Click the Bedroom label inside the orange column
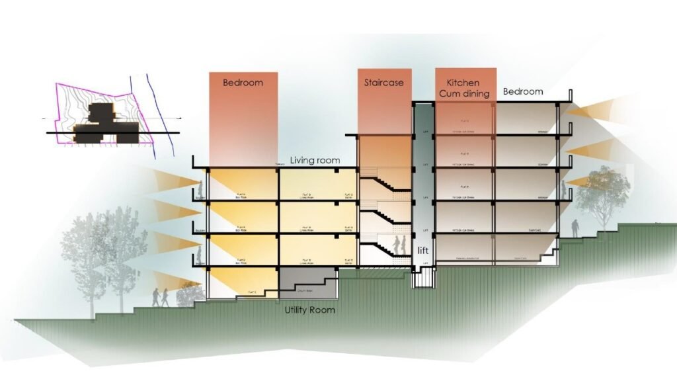pyautogui.click(x=243, y=83)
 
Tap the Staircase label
pyautogui.click(x=383, y=83)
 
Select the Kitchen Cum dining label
pyautogui.click(x=463, y=88)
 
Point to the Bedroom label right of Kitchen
pyautogui.click(x=523, y=91)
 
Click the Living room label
pyautogui.click(x=315, y=161)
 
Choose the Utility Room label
pyautogui.click(x=309, y=310)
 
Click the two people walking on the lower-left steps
pyautogui.click(x=160, y=297)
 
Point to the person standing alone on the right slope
pyautogui.click(x=576, y=228)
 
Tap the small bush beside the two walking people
pyautogui.click(x=189, y=292)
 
